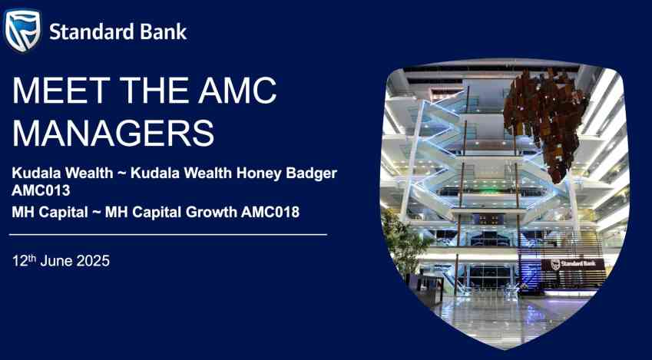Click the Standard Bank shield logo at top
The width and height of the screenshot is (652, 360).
tap(22, 31)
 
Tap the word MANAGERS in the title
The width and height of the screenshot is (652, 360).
tap(113, 133)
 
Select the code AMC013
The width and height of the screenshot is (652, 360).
tap(41, 190)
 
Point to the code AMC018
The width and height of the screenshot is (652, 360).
tap(270, 212)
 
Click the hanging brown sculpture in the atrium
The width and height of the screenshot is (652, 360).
tap(545, 123)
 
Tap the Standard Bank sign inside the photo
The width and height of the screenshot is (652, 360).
tap(573, 264)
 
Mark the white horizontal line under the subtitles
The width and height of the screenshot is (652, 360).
tap(168, 235)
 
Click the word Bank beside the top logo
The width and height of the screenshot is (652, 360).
tap(164, 31)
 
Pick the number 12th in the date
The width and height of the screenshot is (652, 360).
tap(24, 261)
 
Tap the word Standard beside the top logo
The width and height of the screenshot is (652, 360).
tap(93, 31)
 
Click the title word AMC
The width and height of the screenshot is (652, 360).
tap(237, 91)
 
